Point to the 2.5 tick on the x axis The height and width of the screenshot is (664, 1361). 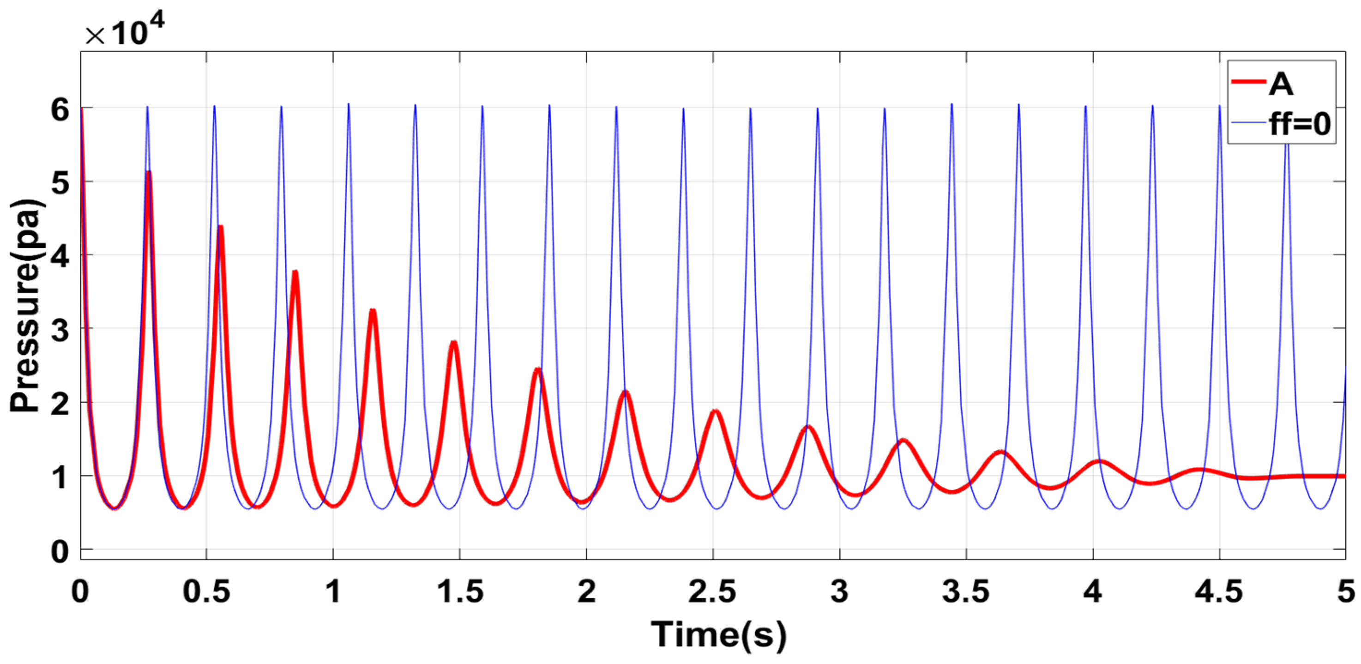click(712, 591)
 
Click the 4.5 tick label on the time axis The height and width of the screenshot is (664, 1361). click(1219, 591)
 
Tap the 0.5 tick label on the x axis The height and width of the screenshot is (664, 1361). click(206, 591)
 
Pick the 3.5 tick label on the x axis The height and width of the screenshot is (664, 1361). click(966, 591)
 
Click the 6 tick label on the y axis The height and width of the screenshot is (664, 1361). click(60, 110)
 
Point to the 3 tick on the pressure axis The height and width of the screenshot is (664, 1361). click(60, 331)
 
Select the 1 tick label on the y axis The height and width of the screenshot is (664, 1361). click(60, 478)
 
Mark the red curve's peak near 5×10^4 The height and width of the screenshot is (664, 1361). click(149, 173)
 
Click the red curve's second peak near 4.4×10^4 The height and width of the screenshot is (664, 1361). click(220, 227)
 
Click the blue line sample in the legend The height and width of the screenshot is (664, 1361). click(1247, 122)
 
